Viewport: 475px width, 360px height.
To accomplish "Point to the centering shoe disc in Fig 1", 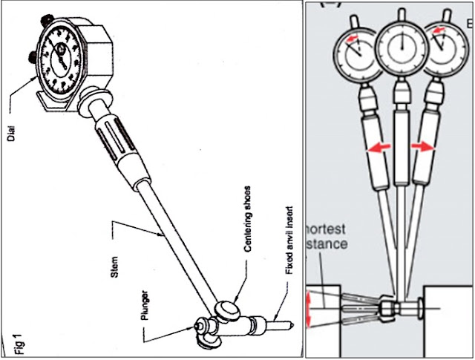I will point(227,309).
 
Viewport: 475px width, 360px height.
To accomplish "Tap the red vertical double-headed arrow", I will point(311,310).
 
